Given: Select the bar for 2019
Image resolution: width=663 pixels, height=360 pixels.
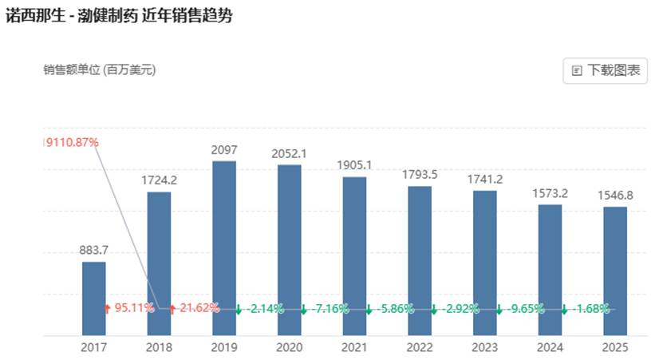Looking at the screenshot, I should pos(224,247).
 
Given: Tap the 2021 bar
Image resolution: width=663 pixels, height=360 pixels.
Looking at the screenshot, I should pos(355,255).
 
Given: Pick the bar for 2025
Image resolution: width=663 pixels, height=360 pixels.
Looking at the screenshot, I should pos(615,271).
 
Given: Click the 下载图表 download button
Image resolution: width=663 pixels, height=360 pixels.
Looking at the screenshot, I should pos(606,70).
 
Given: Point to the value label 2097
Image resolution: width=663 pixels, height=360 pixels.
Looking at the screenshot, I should pos(224,150).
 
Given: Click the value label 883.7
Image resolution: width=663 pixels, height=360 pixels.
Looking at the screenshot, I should pos(93,251).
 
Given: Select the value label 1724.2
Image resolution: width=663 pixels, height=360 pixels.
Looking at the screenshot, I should pos(159,180).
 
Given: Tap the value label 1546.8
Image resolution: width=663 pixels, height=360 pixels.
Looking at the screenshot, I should pos(615,196).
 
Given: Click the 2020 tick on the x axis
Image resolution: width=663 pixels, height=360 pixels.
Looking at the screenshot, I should pos(290,347).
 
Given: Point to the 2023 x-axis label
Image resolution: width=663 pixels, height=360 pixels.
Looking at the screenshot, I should pos(485,347).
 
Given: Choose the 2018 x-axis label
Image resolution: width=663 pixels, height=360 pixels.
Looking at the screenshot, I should pos(159,347).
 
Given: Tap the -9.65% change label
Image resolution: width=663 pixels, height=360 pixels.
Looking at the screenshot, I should pos(527,308).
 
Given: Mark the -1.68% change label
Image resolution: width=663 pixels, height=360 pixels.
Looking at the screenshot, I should pos(591,308).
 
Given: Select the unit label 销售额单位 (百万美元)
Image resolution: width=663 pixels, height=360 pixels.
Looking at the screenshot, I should pos(100,70).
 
